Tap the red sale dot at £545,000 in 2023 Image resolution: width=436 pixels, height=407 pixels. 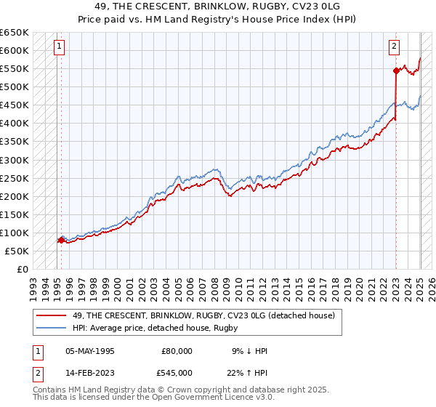(x=396, y=70)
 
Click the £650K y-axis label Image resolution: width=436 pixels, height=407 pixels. (x=15, y=33)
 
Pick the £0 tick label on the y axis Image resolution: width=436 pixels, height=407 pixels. (x=23, y=269)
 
